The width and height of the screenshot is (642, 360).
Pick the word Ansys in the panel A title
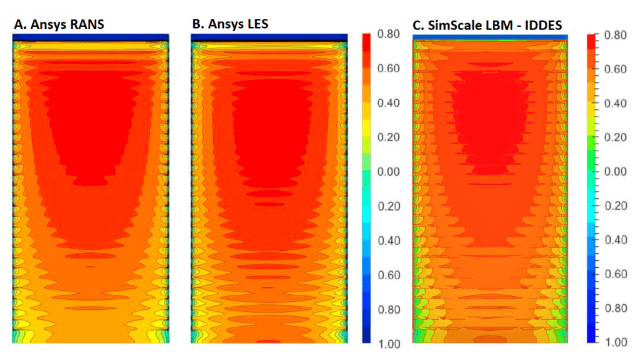48,24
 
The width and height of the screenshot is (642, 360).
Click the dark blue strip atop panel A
91,38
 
